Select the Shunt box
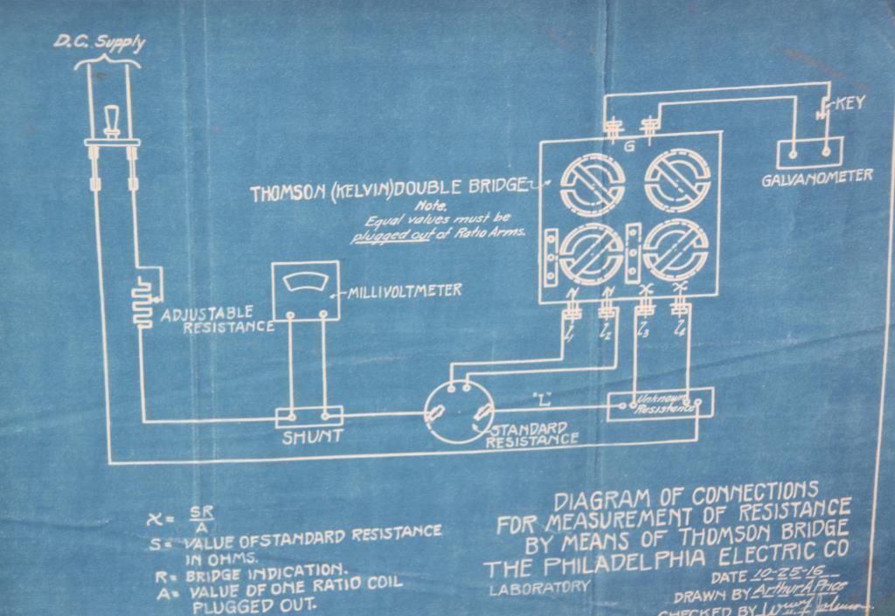pyautogui.click(x=307, y=419)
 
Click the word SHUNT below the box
pyautogui.click(x=312, y=437)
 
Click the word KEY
pyautogui.click(x=850, y=104)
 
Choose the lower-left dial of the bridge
pyautogui.click(x=591, y=252)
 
